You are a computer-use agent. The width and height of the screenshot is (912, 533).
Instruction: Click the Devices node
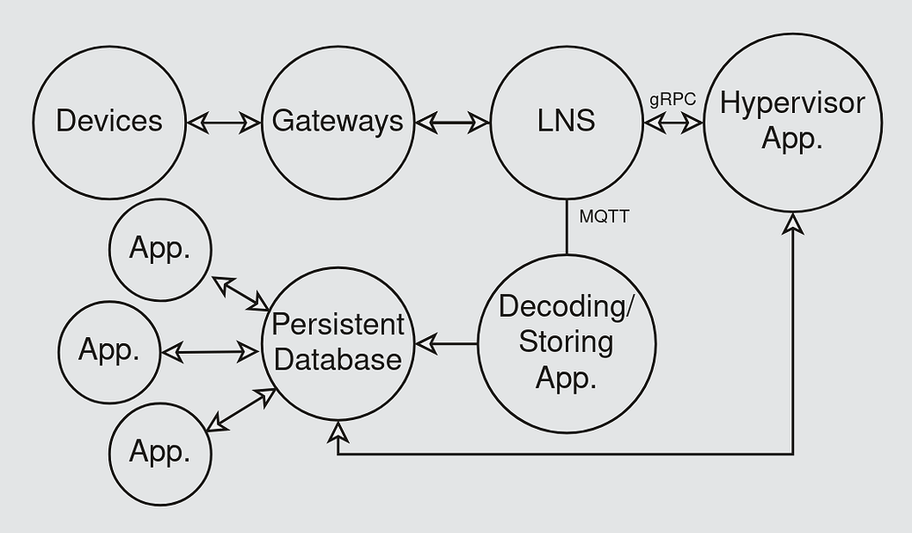pyautogui.click(x=109, y=122)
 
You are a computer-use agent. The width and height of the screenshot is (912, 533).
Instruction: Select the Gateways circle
pyautogui.click(x=337, y=122)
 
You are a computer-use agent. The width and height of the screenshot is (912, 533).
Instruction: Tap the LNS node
pyautogui.click(x=566, y=122)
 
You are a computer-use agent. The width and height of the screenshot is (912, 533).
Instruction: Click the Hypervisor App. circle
pyautogui.click(x=792, y=122)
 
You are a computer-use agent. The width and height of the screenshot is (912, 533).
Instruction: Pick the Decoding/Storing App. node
pyautogui.click(x=566, y=343)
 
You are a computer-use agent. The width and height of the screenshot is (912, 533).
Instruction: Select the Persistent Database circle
pyautogui.click(x=337, y=343)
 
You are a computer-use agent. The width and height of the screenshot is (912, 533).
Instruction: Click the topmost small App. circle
pyautogui.click(x=160, y=250)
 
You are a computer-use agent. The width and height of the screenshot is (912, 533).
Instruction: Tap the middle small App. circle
pyautogui.click(x=109, y=351)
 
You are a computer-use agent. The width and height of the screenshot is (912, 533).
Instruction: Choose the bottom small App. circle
pyautogui.click(x=160, y=454)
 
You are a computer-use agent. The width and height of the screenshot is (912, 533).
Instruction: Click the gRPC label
pyautogui.click(x=672, y=100)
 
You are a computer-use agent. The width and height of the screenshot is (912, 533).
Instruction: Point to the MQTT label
pyautogui.click(x=604, y=216)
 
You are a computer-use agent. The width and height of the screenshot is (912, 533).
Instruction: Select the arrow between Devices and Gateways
pyautogui.click(x=224, y=123)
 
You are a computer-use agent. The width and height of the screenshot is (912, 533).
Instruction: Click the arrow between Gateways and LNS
pyautogui.click(x=452, y=123)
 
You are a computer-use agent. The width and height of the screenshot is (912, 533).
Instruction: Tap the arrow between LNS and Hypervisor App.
pyautogui.click(x=673, y=123)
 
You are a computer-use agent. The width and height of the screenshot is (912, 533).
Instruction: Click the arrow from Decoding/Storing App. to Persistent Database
pyautogui.click(x=446, y=343)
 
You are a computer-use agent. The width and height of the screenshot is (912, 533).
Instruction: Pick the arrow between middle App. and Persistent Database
pyautogui.click(x=211, y=353)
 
